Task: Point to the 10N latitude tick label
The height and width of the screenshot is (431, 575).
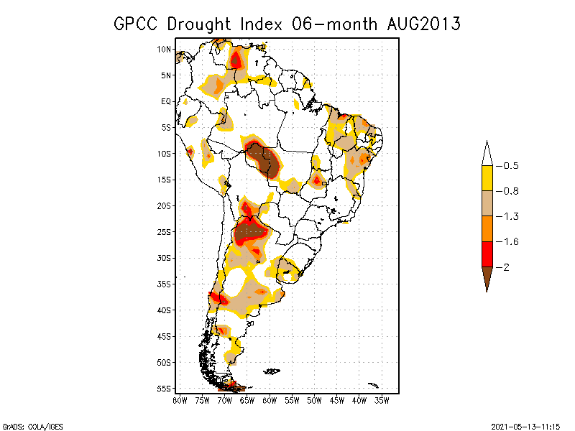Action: (165, 49)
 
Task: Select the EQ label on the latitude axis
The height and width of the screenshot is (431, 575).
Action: (166, 101)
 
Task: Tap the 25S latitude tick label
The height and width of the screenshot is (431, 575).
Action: (165, 231)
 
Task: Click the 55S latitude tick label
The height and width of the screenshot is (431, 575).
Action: (165, 388)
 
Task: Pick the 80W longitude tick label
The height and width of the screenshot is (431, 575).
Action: (180, 399)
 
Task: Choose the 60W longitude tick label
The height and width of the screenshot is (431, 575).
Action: (270, 399)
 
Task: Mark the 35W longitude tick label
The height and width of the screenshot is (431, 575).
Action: (382, 399)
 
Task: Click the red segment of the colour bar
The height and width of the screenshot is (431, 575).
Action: (487, 254)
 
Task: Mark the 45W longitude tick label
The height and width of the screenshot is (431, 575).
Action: (337, 399)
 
